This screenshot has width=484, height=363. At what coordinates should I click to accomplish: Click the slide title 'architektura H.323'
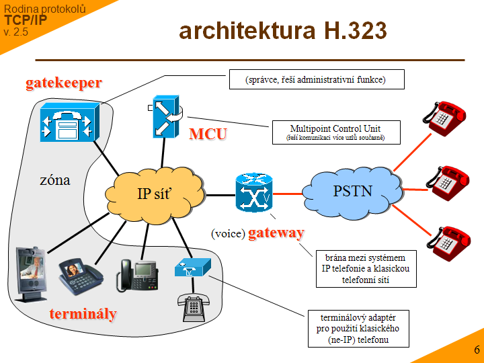(282, 31)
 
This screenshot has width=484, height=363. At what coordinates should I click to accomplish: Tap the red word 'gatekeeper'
(64, 83)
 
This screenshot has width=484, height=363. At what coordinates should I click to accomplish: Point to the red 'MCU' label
(207, 134)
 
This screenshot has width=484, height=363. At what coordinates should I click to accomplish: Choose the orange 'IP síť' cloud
(155, 194)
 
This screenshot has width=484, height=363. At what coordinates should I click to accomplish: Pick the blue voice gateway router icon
(254, 194)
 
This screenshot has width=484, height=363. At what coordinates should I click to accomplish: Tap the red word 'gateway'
(276, 233)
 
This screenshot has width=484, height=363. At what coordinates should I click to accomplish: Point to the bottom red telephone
(448, 244)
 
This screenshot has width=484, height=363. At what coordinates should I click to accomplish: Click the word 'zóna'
(54, 180)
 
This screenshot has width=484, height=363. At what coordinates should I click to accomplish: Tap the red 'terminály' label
(83, 314)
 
